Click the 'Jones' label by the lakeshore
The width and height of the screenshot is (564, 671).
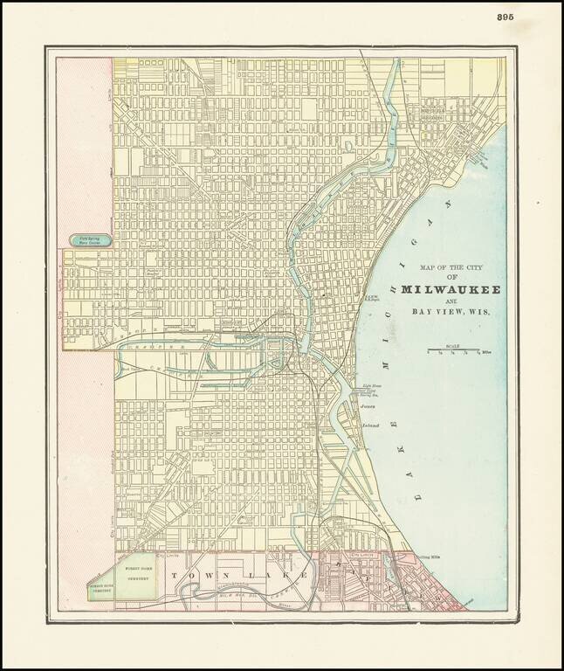click(x=368, y=406)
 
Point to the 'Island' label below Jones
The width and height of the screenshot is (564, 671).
click(x=369, y=425)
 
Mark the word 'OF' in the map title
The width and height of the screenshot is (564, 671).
click(x=451, y=276)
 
